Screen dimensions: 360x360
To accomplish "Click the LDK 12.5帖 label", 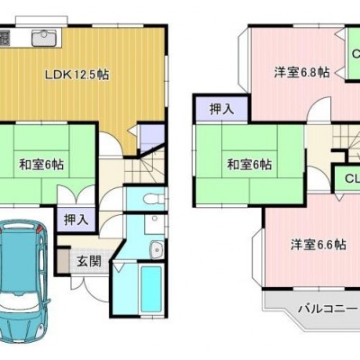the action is [x=76, y=75].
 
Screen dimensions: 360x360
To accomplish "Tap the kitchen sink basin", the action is [x=44, y=38].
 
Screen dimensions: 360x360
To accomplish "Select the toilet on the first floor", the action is [x=154, y=199].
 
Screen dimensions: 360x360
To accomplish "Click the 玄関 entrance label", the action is [x=89, y=262].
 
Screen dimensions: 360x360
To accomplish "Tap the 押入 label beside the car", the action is [x=76, y=220].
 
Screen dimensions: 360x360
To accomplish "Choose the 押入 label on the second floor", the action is [x=221, y=109].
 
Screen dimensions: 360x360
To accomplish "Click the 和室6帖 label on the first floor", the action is [x=41, y=165].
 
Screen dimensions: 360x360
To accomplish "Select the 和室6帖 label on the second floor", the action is [x=249, y=165].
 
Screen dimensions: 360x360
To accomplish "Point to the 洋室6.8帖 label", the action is [x=301, y=72].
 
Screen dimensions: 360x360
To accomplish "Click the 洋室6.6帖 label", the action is [x=319, y=245].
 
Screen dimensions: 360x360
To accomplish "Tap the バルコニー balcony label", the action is [x=328, y=309].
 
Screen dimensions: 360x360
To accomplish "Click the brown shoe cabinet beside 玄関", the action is [x=63, y=260].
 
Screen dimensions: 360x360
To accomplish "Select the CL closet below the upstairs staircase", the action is [x=348, y=179].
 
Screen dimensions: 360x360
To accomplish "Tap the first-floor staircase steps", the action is [x=144, y=168].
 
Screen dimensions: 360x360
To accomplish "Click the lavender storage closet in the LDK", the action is [x=152, y=138].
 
